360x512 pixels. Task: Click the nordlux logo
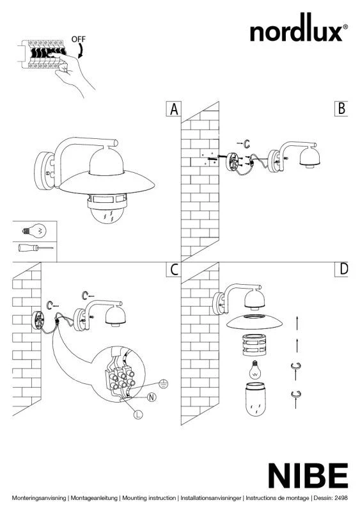tap(299, 28)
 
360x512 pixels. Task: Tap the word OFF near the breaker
tap(79, 39)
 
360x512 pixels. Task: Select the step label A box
tap(174, 109)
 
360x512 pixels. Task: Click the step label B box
tap(341, 108)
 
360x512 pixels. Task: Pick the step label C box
tap(174, 269)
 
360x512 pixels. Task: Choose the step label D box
tap(341, 269)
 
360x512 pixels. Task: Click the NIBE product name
tap(308, 476)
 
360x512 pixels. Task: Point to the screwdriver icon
tap(35, 248)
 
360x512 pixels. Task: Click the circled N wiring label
tap(152, 397)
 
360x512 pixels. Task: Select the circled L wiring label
tap(138, 415)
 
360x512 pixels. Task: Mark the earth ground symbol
tap(164, 385)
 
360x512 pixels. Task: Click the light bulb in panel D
tap(256, 370)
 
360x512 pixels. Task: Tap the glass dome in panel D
tap(256, 399)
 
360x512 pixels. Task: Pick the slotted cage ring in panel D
tap(255, 345)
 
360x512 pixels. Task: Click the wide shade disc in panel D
tap(254, 321)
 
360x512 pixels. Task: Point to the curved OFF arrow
tap(81, 51)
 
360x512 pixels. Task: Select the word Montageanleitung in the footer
tap(94, 499)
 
